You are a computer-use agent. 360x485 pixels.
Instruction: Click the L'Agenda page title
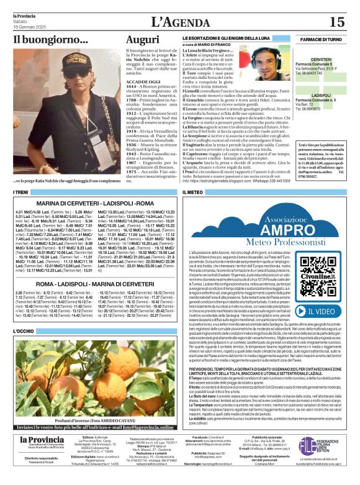click(180, 22)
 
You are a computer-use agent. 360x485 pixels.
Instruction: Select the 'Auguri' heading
click(142, 40)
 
